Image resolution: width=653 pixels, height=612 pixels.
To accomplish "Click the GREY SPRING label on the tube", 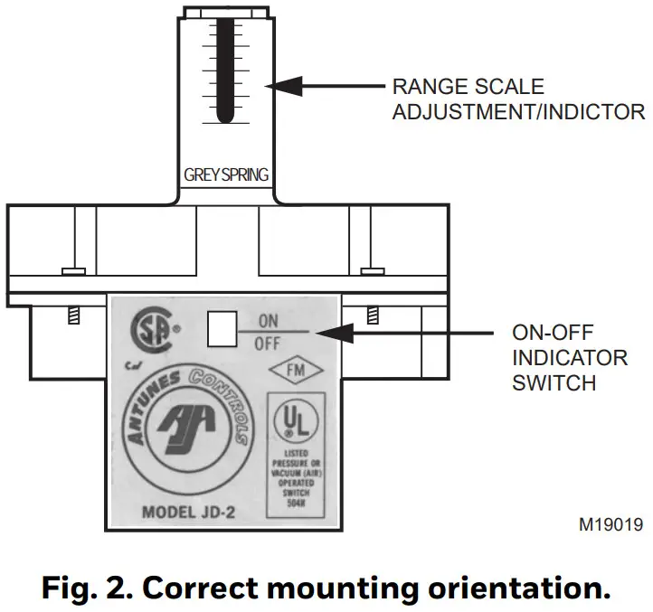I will tap(226, 174).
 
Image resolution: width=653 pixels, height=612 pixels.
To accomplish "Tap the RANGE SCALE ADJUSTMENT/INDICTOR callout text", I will tap(517, 99).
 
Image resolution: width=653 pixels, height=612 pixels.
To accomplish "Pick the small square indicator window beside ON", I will tap(222, 331).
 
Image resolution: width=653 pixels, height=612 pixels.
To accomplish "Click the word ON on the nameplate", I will tap(269, 320).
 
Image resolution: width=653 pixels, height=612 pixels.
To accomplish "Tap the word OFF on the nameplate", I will tap(269, 344).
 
